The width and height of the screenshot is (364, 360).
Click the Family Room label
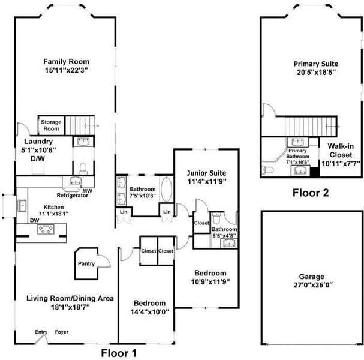(x=67, y=62)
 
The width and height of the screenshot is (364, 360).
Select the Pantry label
(x=86, y=263)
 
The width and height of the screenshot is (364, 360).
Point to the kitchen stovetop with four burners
(x=46, y=229)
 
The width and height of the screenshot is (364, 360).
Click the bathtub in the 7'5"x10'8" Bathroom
(x=167, y=189)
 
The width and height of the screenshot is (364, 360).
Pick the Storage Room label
(x=52, y=125)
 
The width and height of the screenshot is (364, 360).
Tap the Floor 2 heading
(x=311, y=193)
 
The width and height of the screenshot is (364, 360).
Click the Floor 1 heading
(x=119, y=353)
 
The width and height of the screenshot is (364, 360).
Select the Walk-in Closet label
(x=341, y=151)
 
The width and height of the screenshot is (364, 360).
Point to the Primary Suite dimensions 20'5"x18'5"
(x=317, y=72)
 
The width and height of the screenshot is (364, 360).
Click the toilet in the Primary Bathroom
(x=267, y=170)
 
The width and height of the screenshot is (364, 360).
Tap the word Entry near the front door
(x=41, y=332)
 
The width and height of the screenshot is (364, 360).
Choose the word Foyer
(x=62, y=332)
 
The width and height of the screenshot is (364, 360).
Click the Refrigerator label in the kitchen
(x=73, y=196)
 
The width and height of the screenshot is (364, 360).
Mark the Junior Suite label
(x=207, y=173)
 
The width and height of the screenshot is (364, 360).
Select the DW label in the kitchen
(x=35, y=220)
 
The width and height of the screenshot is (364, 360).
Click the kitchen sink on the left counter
(x=22, y=206)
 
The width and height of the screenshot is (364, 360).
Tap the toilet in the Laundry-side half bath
(x=83, y=169)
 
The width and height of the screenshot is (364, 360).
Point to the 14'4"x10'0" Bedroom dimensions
(x=150, y=311)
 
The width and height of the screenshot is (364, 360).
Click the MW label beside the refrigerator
(x=88, y=191)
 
